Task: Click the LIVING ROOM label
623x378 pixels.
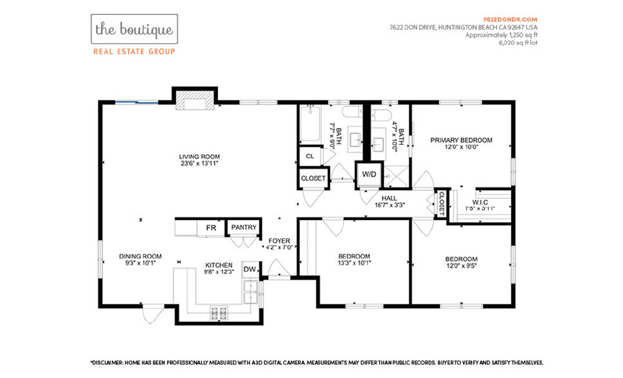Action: tap(199, 156)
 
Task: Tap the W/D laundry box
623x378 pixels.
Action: tap(369, 174)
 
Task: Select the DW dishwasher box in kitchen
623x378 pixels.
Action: tap(249, 270)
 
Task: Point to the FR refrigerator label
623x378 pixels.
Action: tap(211, 228)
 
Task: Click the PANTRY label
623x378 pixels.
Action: tap(244, 228)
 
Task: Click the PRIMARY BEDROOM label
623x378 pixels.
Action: tap(461, 140)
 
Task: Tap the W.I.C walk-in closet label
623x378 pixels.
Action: tap(480, 202)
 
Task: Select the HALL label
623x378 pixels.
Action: tap(389, 199)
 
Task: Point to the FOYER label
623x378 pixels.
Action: tap(279, 241)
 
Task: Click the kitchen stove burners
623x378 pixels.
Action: tap(219, 313)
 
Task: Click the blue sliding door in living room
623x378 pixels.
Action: tap(136, 103)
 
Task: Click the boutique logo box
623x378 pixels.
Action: tap(134, 29)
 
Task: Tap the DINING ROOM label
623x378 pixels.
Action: tap(141, 256)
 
